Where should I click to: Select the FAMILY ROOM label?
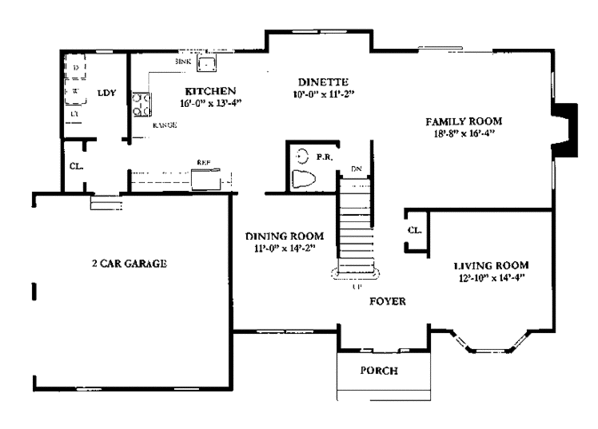(x=467, y=121)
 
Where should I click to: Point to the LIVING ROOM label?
(x=490, y=265)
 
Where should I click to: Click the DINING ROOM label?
(x=280, y=236)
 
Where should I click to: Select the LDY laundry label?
(x=106, y=94)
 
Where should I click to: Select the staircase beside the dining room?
(x=356, y=229)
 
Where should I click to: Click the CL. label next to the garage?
(x=76, y=167)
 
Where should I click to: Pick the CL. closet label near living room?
(x=414, y=231)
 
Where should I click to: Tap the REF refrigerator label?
(x=202, y=161)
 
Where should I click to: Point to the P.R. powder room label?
(x=325, y=156)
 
